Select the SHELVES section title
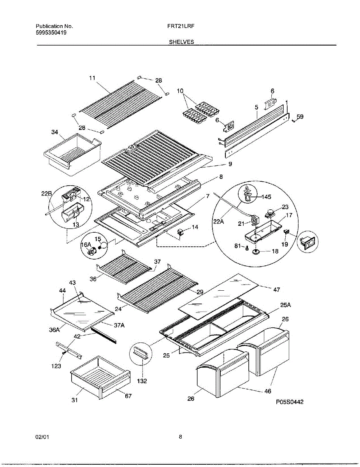(181, 42)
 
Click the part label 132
(142, 381)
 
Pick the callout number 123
(56, 366)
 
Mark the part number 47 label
(276, 290)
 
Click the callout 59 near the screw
(300, 116)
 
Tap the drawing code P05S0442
(290, 402)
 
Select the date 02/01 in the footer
(42, 437)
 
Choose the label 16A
(86, 245)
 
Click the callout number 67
(128, 396)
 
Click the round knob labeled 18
(256, 252)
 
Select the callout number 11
(92, 78)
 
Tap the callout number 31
(74, 400)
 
